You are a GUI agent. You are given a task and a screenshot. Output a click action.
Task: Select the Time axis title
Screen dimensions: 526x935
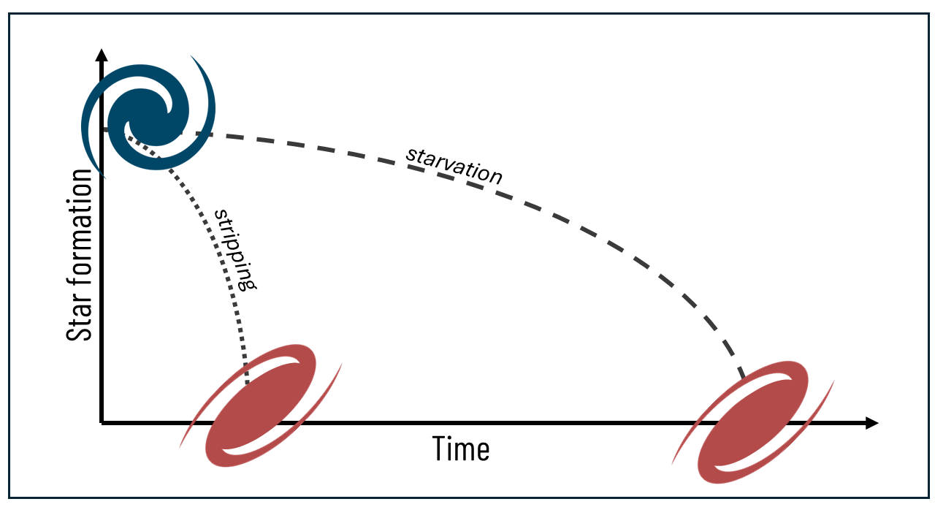point(460,449)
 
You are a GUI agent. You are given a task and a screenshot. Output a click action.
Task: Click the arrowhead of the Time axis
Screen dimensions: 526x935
point(870,422)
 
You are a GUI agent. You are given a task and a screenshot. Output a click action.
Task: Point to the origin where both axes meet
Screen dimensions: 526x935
point(102,422)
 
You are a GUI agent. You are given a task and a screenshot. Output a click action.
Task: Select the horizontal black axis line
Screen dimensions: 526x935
point(511,422)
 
